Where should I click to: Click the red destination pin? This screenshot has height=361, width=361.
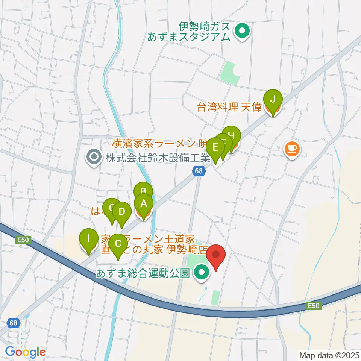(216, 255)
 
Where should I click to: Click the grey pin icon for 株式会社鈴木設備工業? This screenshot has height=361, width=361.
(93, 157)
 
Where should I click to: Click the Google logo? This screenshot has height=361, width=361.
(25, 352)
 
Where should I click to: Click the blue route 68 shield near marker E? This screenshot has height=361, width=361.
(200, 171)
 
